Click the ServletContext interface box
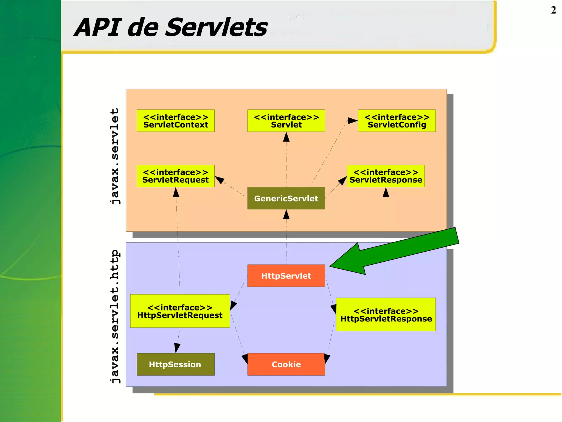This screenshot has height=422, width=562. [176, 121]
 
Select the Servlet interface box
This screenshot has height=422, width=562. [286, 121]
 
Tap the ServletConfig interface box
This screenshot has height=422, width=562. [397, 121]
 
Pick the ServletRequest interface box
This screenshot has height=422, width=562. [176, 176]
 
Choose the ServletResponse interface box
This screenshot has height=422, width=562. [386, 176]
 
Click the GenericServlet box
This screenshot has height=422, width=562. [286, 198]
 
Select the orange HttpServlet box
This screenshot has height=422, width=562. [286, 276]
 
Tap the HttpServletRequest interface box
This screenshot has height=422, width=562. [180, 311]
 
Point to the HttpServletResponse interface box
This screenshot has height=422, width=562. [386, 315]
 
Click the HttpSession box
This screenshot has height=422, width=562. [176, 364]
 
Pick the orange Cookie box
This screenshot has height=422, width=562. [286, 364]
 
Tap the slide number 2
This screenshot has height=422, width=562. [553, 10]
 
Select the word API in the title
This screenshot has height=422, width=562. [97, 27]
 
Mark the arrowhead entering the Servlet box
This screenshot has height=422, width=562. [286, 137]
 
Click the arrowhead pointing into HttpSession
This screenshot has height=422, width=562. [177, 348]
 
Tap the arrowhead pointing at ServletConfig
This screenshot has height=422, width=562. [353, 121]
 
